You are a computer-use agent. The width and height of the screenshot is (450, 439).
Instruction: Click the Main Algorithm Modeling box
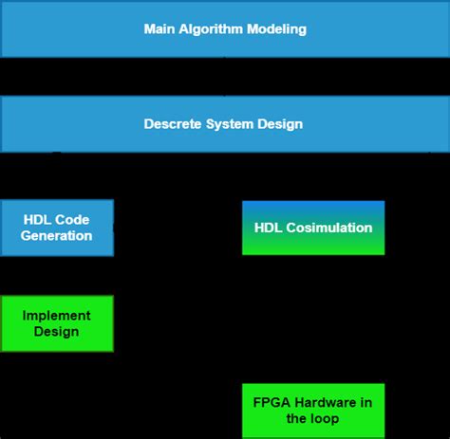click(225, 29)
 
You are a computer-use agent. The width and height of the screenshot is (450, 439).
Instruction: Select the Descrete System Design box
click(225, 123)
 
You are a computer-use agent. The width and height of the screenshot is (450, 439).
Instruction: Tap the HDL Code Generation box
click(57, 228)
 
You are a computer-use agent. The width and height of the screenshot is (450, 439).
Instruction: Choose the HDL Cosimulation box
click(313, 228)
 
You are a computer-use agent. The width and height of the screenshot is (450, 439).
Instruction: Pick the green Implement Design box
click(57, 323)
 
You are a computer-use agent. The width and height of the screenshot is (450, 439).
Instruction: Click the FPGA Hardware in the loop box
click(313, 410)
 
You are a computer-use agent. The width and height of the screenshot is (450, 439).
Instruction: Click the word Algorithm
click(212, 29)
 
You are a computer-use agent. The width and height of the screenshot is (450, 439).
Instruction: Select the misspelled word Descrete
click(172, 124)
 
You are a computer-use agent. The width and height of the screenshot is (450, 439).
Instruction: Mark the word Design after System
click(281, 124)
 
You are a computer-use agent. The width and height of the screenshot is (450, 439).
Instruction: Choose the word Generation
click(57, 236)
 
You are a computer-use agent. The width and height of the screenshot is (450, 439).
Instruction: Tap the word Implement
click(57, 316)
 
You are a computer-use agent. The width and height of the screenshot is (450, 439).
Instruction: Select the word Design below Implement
click(57, 332)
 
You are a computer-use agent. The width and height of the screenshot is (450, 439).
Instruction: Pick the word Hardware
click(326, 402)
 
